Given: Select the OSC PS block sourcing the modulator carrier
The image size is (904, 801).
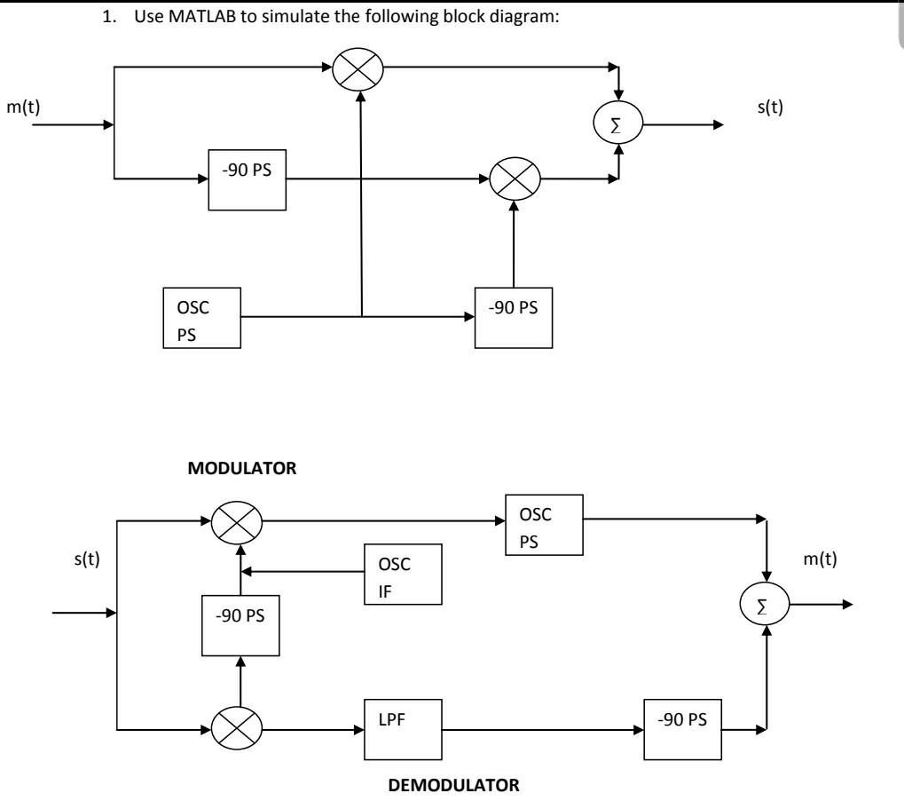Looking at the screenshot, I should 201,318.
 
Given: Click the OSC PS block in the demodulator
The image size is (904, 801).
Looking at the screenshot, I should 543,525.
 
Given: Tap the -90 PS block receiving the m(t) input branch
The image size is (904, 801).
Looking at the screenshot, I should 248,180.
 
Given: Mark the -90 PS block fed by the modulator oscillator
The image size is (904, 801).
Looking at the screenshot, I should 513,317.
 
